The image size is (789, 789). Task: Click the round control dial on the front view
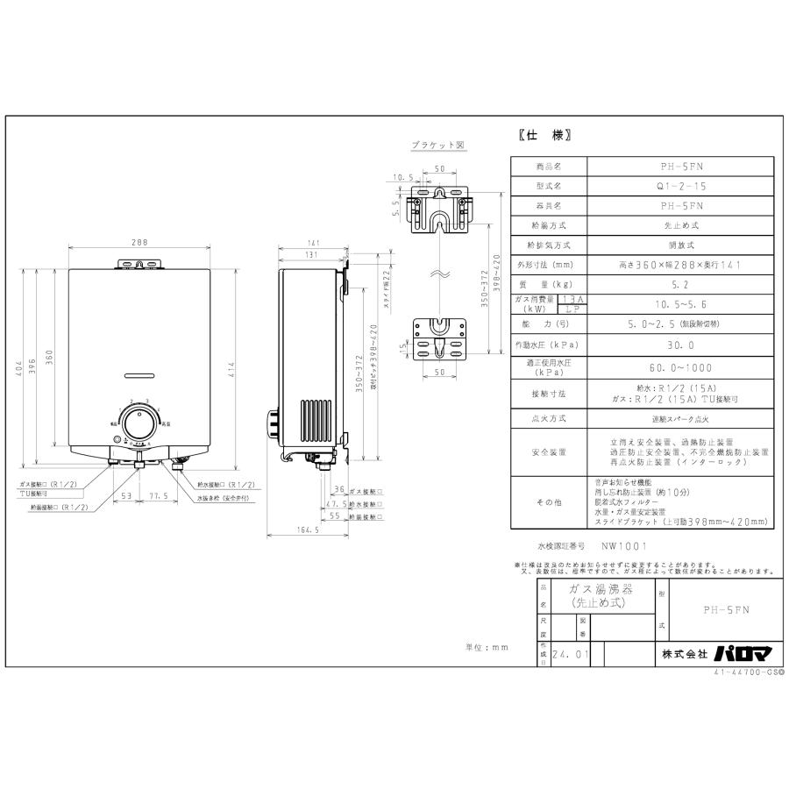click(137, 426)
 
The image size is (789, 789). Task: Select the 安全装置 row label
click(548, 452)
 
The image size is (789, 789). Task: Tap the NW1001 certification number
click(624, 545)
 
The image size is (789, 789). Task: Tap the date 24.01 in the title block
click(570, 654)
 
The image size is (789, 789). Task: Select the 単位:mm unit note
click(486, 647)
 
